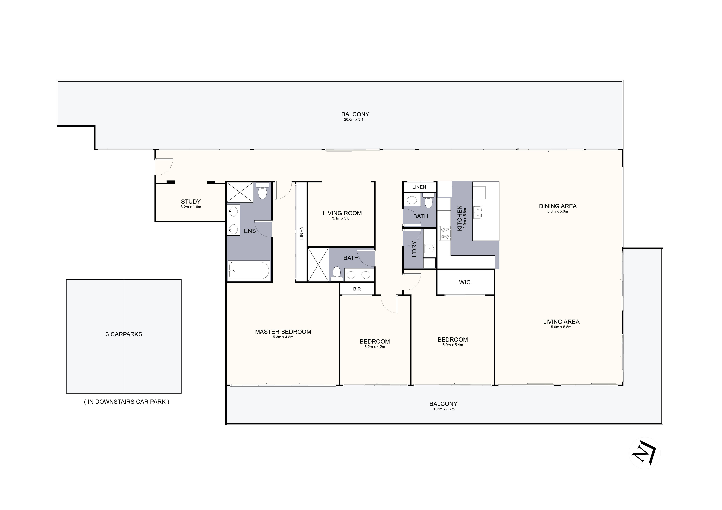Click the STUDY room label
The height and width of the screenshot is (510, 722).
click(x=191, y=202)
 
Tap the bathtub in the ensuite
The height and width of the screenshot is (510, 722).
click(x=248, y=270)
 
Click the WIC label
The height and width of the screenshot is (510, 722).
click(x=465, y=282)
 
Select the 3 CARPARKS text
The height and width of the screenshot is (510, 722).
click(x=124, y=334)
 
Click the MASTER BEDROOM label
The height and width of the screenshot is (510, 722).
click(x=283, y=332)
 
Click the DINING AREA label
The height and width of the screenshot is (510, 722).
click(x=558, y=206)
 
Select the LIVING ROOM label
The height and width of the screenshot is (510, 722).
click(x=342, y=213)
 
